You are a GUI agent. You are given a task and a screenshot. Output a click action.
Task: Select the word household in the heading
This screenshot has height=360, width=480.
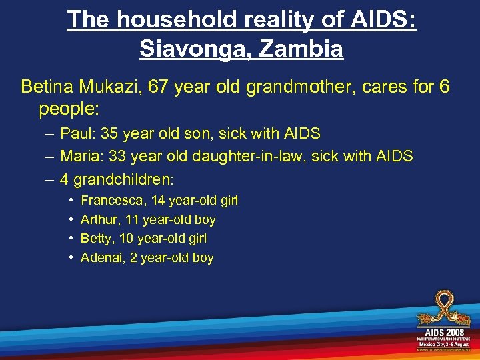174,19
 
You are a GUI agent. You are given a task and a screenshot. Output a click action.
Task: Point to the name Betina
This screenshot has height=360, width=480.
47,87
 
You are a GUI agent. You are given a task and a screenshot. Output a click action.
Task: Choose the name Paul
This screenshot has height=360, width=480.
75,133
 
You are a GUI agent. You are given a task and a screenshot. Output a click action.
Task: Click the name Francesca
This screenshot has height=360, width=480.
108,201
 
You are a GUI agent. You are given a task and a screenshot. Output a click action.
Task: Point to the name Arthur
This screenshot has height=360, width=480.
97,219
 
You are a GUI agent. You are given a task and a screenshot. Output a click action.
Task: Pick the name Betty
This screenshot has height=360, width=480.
95,239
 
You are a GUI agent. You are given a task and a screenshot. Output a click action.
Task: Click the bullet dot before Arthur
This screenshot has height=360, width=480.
71,219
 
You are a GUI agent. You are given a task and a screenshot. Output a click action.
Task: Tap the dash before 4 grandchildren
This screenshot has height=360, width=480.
51,179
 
